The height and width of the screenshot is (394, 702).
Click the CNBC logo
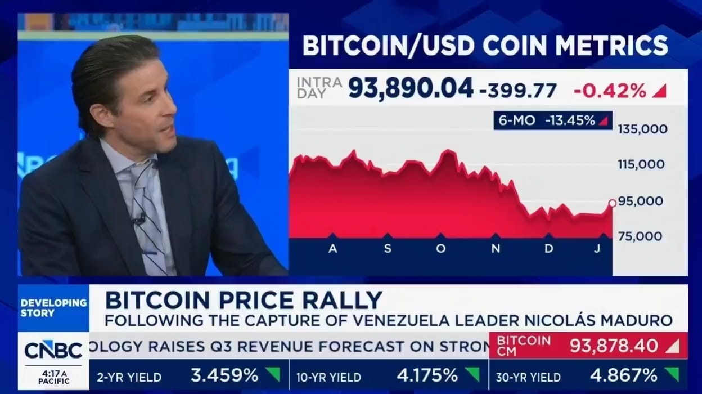tap(53, 350)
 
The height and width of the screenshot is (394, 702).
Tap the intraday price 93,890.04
tap(410, 88)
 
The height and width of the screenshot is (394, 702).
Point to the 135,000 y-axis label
tap(642, 129)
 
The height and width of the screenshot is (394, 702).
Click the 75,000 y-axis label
tap(641, 236)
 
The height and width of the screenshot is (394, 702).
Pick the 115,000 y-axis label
tap(641, 165)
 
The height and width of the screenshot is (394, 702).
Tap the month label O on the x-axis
tap(440, 249)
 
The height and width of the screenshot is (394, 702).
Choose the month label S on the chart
tap(387, 249)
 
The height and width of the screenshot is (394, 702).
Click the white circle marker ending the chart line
tap(613, 203)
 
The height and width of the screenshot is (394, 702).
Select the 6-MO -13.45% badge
tap(552, 120)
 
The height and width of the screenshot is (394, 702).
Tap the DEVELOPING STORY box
tap(53, 307)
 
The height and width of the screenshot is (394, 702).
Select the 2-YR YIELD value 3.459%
tap(224, 375)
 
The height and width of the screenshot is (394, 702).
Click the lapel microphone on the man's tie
tap(138, 218)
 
